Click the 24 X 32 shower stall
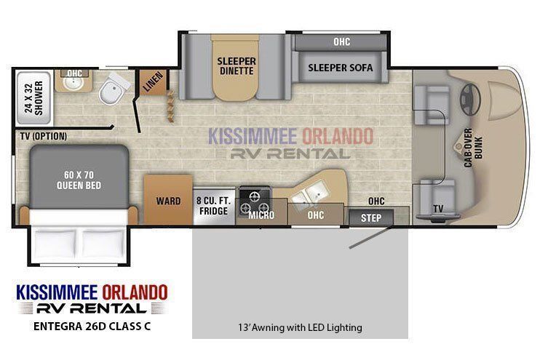34,97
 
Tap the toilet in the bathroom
113,89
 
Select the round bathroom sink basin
73,84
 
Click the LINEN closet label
153,81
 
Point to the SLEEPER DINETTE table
236,67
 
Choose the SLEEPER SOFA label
341,68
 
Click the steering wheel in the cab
469,99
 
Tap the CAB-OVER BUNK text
473,148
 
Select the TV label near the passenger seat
438,209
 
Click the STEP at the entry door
371,217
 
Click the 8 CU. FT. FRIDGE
214,206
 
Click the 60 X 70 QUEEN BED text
79,180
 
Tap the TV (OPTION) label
44,136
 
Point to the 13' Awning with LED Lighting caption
300,327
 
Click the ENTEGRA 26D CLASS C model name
92,326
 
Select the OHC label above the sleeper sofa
341,42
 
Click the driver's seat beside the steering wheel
432,105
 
